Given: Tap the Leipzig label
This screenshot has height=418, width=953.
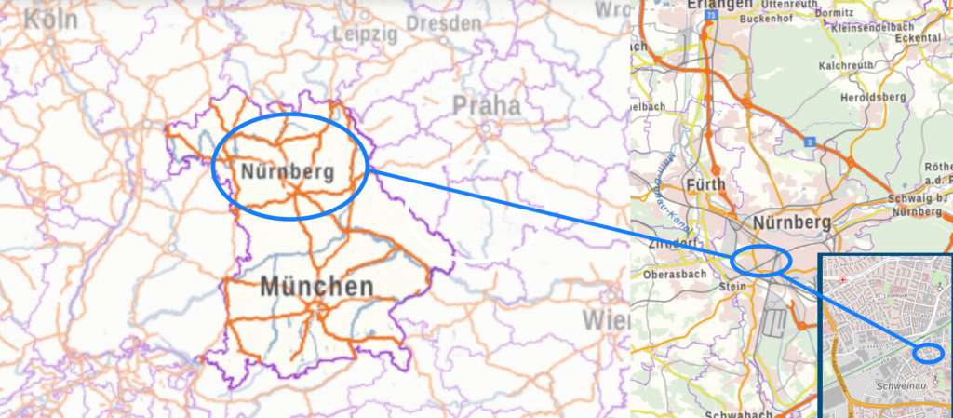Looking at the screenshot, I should coord(365,34).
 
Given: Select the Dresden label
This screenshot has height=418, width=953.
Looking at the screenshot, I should coord(444,22).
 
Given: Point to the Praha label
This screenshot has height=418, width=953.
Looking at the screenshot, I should coord(487,105).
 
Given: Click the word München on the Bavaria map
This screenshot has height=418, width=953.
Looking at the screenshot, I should coord(316,286).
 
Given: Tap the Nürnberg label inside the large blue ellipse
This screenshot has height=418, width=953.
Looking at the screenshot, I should coord(287,171).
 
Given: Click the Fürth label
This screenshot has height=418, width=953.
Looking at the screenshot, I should coord(705,184).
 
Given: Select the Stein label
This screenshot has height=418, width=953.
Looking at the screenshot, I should coord(732,287).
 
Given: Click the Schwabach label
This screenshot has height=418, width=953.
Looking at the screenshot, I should coord(738,412).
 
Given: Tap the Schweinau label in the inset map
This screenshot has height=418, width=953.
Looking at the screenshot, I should coord(896,384).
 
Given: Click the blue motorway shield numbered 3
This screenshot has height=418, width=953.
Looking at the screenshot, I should coord(811,141).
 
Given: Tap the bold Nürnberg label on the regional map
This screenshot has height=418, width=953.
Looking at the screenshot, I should coord(791,223).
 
